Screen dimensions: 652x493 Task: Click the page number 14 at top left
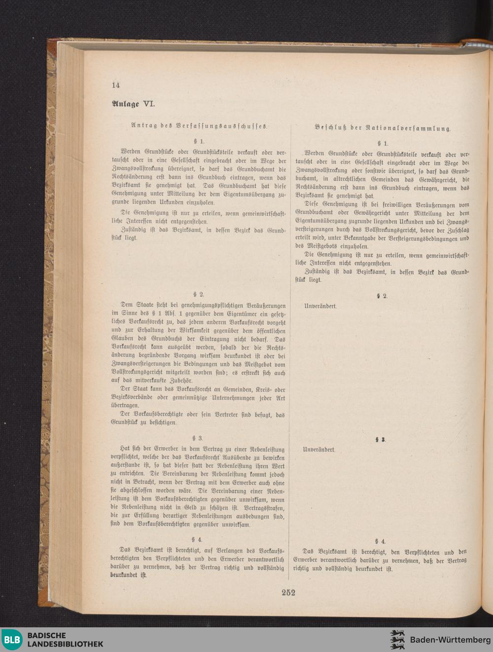[x=116, y=85]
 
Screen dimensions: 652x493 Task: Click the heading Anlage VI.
[x=133, y=104]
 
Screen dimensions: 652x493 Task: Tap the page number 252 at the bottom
[x=288, y=592]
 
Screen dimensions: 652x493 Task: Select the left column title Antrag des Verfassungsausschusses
[x=199, y=126]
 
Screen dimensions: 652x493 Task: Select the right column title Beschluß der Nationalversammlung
[x=383, y=128]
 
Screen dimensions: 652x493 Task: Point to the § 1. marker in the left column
[x=199, y=141]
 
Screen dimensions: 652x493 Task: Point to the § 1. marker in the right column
[x=383, y=144]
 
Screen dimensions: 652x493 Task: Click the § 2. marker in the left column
[x=199, y=294]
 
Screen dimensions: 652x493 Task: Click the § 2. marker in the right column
[x=382, y=296]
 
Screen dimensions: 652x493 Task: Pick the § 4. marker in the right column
[x=380, y=541]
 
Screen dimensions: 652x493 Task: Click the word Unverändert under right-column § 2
[x=320, y=306]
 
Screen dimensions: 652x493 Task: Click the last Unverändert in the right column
[x=319, y=450]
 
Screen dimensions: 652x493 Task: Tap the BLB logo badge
[x=12, y=640]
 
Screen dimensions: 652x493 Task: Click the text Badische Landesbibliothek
[x=65, y=640]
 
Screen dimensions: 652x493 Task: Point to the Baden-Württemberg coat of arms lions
[x=397, y=640]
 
